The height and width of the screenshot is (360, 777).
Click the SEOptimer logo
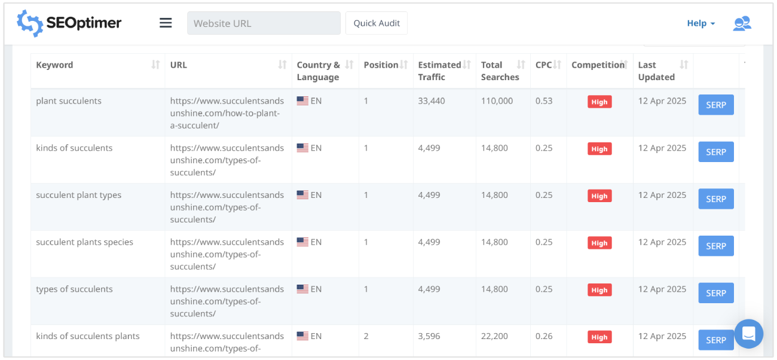point(69,23)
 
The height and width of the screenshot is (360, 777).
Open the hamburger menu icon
point(166,23)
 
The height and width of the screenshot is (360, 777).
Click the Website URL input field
point(264,23)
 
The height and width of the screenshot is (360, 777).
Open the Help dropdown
point(700,23)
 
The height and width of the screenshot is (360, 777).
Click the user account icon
point(742,23)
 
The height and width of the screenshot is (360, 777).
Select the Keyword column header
point(54,65)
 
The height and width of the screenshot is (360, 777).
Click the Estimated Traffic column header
point(439,71)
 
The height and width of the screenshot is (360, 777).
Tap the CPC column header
point(544,65)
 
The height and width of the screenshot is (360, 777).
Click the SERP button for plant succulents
point(715,105)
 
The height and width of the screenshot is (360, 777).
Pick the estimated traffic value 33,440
point(432,101)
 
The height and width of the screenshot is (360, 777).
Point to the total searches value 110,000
point(497,101)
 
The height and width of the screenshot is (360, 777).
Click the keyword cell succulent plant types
point(78,195)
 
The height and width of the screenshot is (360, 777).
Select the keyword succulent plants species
point(84,242)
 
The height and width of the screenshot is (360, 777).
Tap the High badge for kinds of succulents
point(599,149)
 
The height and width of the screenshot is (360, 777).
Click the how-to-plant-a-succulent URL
point(227,113)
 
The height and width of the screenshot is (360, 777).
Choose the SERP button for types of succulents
point(715,293)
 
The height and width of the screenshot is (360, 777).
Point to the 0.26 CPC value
point(544,336)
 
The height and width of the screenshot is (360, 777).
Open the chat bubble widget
point(748,334)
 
